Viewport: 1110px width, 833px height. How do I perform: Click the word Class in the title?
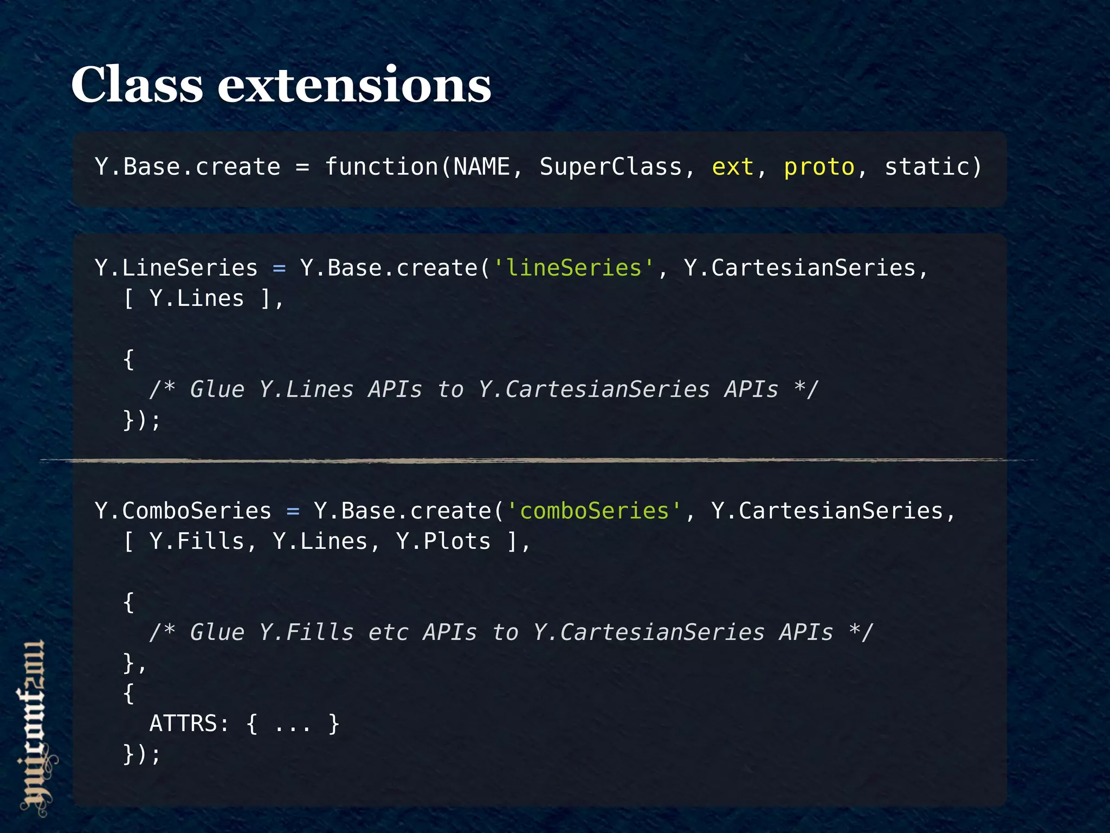tap(137, 85)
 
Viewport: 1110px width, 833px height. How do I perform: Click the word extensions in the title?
tap(354, 86)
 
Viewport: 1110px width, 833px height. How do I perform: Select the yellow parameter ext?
tap(732, 167)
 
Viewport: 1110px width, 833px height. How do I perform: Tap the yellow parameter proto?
tap(819, 167)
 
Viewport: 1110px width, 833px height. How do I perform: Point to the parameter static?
tap(927, 167)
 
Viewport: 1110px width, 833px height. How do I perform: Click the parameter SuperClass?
tap(610, 167)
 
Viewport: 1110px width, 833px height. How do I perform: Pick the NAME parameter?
tap(481, 167)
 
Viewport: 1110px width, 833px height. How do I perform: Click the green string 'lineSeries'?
tap(573, 268)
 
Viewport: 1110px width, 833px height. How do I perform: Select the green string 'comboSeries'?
tap(594, 511)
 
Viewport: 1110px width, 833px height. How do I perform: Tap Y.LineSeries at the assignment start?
tap(176, 268)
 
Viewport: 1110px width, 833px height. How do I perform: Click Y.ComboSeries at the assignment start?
tap(183, 511)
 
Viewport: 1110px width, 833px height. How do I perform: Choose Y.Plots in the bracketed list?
tap(443, 541)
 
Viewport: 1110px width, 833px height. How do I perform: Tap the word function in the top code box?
tap(382, 167)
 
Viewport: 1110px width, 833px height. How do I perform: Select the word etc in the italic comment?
tap(388, 632)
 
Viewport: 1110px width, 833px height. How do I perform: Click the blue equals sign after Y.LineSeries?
tap(279, 268)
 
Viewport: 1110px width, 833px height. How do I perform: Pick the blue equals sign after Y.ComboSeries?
tap(293, 511)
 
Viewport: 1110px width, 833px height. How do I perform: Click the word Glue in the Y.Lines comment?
tap(217, 389)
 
